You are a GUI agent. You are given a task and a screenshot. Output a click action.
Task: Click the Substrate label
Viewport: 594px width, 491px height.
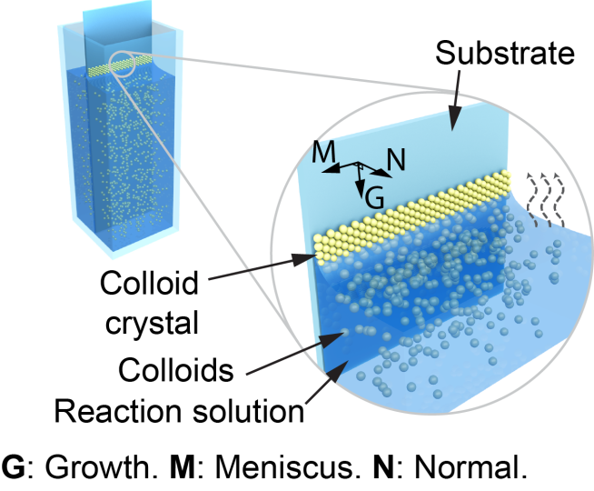point(505,54)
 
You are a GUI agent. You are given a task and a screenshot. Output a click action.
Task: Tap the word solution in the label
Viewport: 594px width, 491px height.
point(244,411)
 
